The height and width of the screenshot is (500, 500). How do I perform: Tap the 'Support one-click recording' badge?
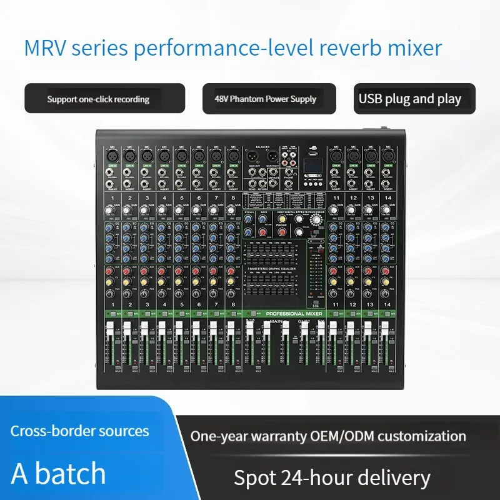coord(99,99)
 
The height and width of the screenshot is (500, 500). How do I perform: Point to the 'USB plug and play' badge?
coord(410,99)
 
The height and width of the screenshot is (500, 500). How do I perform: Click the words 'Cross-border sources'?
coord(79,431)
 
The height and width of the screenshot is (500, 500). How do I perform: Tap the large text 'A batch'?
coord(59,473)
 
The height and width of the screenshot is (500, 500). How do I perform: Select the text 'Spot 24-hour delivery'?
coord(332,478)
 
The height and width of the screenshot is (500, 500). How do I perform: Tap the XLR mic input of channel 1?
coord(111,155)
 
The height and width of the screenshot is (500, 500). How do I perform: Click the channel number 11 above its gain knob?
coord(336,198)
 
